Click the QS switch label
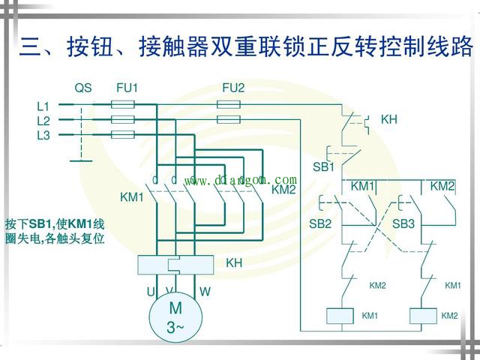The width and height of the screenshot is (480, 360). (82, 88)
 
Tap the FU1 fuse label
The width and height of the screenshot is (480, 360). (127, 88)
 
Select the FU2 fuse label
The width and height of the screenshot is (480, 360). (233, 88)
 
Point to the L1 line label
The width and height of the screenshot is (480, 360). (43, 106)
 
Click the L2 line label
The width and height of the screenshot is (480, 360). (43, 121)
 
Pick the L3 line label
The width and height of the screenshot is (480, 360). (43, 135)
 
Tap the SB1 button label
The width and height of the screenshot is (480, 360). (323, 166)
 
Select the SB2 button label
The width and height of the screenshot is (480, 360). (320, 223)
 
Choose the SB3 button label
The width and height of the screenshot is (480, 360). (403, 223)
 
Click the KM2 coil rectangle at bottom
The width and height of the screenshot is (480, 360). (424, 316)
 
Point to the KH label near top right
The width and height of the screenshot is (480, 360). (389, 120)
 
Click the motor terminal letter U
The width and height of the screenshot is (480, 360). (150, 290)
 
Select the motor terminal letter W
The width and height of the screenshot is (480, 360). (205, 290)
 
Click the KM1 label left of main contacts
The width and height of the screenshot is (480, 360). (131, 197)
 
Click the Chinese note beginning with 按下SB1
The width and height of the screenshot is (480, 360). (54, 232)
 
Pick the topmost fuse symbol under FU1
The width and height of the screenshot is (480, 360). (123, 106)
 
